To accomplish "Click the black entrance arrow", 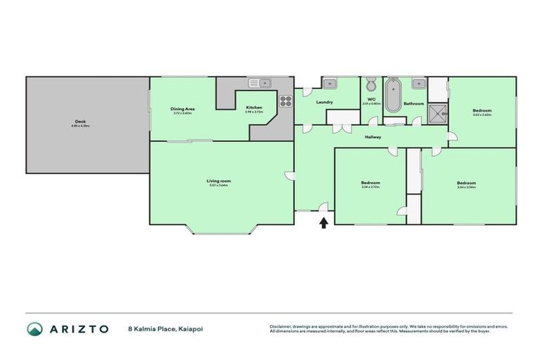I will click(x=324, y=223).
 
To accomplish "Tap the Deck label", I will click(x=81, y=122).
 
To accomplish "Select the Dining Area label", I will click(x=182, y=109).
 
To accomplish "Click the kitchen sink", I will click(x=264, y=83).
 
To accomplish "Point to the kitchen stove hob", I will click(x=285, y=101).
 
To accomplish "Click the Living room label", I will click(x=219, y=181).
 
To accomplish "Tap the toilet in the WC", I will click(x=371, y=85).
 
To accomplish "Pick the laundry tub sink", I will click(x=328, y=83).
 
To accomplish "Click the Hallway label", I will click(x=373, y=137).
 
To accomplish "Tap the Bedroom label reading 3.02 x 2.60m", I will click(x=482, y=110).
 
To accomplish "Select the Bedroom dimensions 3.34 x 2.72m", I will click(x=371, y=187).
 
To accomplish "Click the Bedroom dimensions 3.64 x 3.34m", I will click(x=466, y=187).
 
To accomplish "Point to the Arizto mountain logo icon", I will click(x=35, y=328).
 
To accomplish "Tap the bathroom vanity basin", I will click(x=418, y=83).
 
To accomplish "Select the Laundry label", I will click(x=324, y=103).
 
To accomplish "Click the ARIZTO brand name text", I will click(x=78, y=328).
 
